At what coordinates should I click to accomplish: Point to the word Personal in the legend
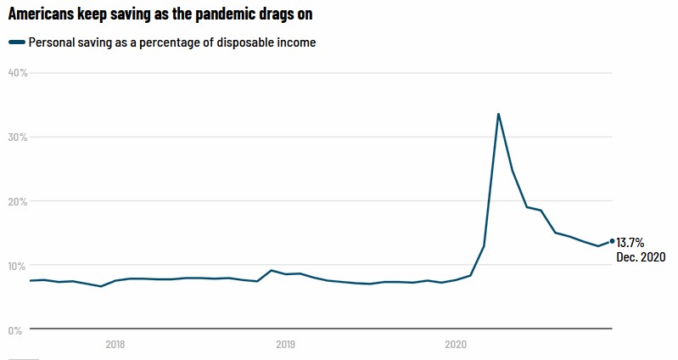52,43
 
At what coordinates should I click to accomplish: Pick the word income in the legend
296,43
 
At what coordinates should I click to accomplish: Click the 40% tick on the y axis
18,73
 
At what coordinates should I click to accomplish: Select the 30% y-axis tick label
18,138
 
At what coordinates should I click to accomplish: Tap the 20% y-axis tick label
18,202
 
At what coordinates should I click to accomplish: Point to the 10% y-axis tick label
18,266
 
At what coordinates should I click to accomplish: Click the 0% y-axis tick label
15,330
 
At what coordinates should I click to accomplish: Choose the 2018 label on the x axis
115,345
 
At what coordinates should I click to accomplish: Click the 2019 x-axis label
286,345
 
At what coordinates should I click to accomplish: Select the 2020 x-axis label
456,345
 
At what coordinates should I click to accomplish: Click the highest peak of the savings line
498,114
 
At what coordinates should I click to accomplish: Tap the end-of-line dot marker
612,241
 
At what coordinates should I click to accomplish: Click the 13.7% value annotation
630,243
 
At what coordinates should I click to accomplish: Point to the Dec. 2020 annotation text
641,257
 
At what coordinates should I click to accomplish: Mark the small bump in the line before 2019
271,271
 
